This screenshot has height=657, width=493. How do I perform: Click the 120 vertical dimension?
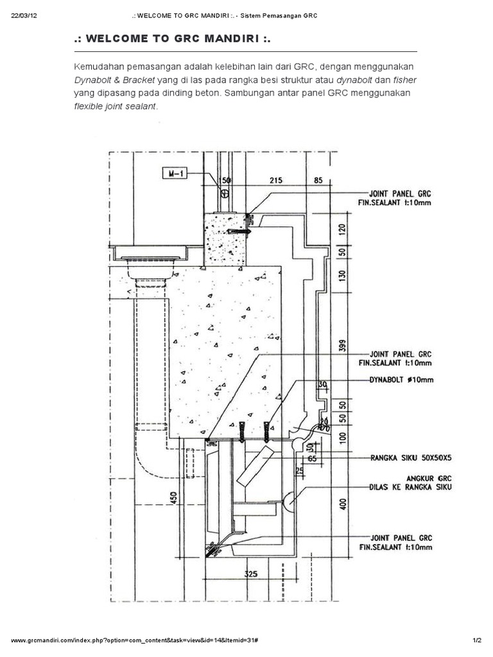[342, 229]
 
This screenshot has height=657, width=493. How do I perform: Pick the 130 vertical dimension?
[342, 275]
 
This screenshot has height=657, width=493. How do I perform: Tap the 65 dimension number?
[313, 459]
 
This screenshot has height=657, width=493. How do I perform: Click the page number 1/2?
[476, 640]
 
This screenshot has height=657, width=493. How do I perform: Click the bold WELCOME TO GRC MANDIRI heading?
[173, 40]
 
